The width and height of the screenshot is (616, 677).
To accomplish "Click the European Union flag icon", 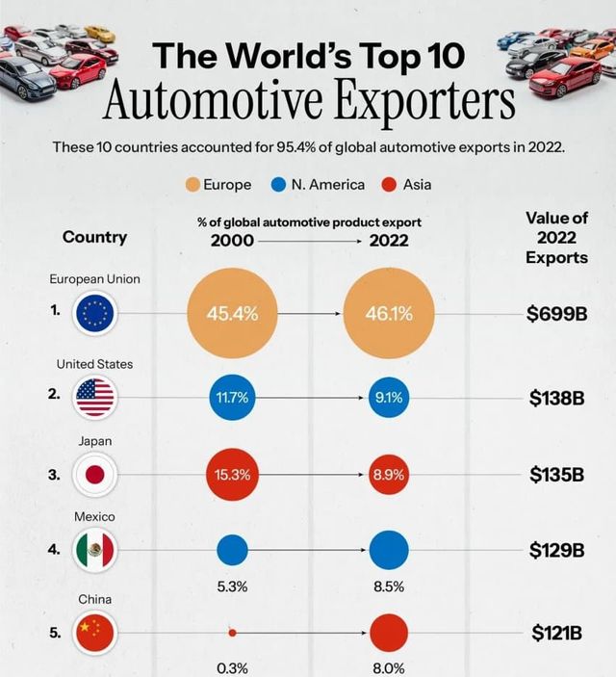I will [x=95, y=313].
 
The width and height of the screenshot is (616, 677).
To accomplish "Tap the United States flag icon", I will [x=95, y=396].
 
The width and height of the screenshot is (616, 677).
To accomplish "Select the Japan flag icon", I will [x=95, y=474].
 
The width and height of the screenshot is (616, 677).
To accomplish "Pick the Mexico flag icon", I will [x=95, y=551].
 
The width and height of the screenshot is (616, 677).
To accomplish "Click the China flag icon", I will [x=95, y=633].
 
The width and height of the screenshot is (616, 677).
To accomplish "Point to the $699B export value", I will [x=557, y=314].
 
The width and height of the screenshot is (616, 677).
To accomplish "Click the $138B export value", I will [x=557, y=396].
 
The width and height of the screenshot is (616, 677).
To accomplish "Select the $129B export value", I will [x=557, y=551].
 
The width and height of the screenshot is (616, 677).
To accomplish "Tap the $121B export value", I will [x=557, y=633].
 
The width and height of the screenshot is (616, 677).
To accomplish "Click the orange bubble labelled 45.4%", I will [x=232, y=314].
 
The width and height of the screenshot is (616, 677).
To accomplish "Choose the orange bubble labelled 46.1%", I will [x=389, y=314].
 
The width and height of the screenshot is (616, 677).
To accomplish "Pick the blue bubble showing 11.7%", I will [x=232, y=396].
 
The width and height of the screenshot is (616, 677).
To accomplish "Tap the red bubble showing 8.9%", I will [x=389, y=474].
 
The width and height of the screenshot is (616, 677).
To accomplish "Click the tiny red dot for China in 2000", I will [x=232, y=633].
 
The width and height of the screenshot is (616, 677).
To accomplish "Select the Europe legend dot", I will [x=191, y=184].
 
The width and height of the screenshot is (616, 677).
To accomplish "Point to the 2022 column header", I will [x=389, y=241].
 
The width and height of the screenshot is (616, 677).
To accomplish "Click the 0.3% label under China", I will [x=232, y=667].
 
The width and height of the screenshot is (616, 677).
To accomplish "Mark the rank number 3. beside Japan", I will [x=55, y=474].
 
